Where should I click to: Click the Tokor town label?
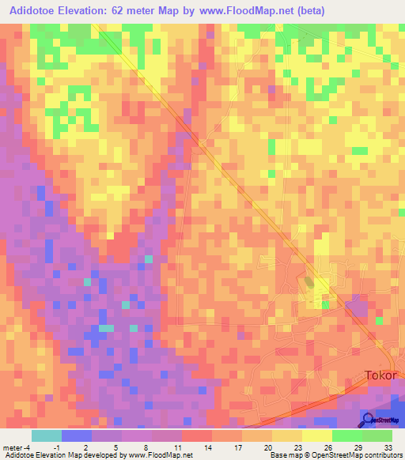pyautogui.click(x=380, y=376)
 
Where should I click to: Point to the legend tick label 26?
pyautogui.click(x=327, y=447)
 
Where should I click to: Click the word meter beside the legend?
pyautogui.click(x=13, y=447)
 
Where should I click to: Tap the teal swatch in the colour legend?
pyautogui.click(x=47, y=435)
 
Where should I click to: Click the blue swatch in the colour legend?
pyautogui.click(x=77, y=435)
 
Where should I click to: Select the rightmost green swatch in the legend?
pyautogui.click(x=377, y=435)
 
